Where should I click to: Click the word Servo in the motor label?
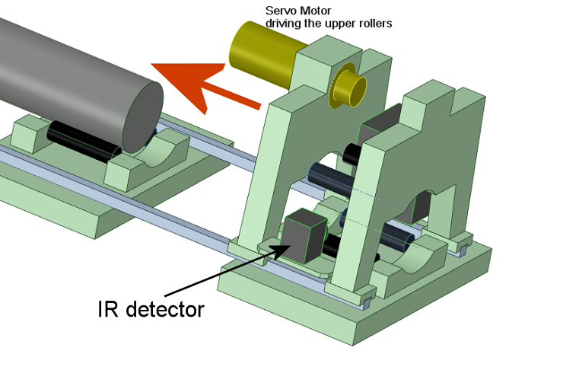[x=279, y=11]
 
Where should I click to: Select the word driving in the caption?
[x=283, y=23]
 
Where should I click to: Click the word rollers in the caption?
[x=377, y=23]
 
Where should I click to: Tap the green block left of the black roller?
[x=31, y=133]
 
